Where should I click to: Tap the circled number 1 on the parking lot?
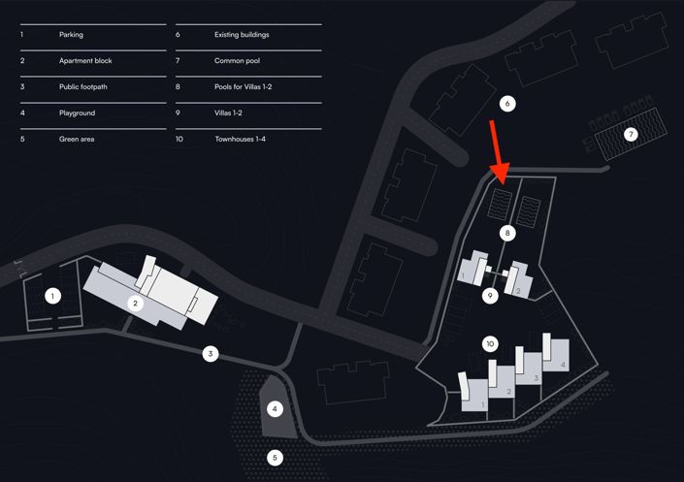point(54,296)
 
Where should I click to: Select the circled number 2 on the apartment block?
point(137,303)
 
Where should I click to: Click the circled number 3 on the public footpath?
point(210,354)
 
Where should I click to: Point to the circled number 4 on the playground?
point(275,409)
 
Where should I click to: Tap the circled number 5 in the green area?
point(275,456)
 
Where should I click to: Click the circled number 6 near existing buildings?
point(505,103)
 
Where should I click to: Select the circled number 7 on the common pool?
point(631,134)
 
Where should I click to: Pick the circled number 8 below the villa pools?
point(505,233)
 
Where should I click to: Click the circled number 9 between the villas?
point(491,296)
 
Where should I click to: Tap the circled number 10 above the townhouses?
point(491,343)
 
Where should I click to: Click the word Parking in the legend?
point(71,35)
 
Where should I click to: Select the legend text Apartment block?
point(85,61)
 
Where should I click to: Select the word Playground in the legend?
point(78,113)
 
